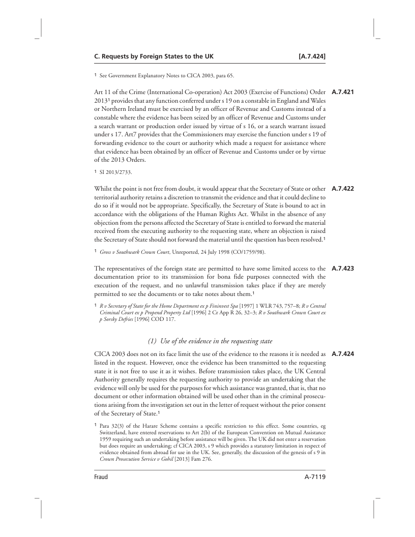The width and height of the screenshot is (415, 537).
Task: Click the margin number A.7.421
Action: pos(342,93)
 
